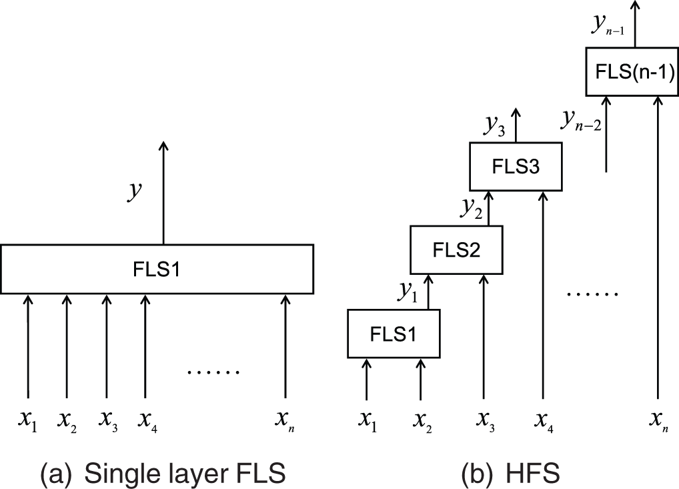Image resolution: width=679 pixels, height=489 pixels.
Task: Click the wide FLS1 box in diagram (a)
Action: click(x=157, y=269)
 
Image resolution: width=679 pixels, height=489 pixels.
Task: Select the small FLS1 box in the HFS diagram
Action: click(x=394, y=334)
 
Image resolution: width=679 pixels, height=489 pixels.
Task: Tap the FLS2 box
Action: click(x=457, y=250)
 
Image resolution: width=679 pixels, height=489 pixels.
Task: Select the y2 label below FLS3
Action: click(x=471, y=207)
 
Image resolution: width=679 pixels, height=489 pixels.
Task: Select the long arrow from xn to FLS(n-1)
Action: click(x=659, y=254)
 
